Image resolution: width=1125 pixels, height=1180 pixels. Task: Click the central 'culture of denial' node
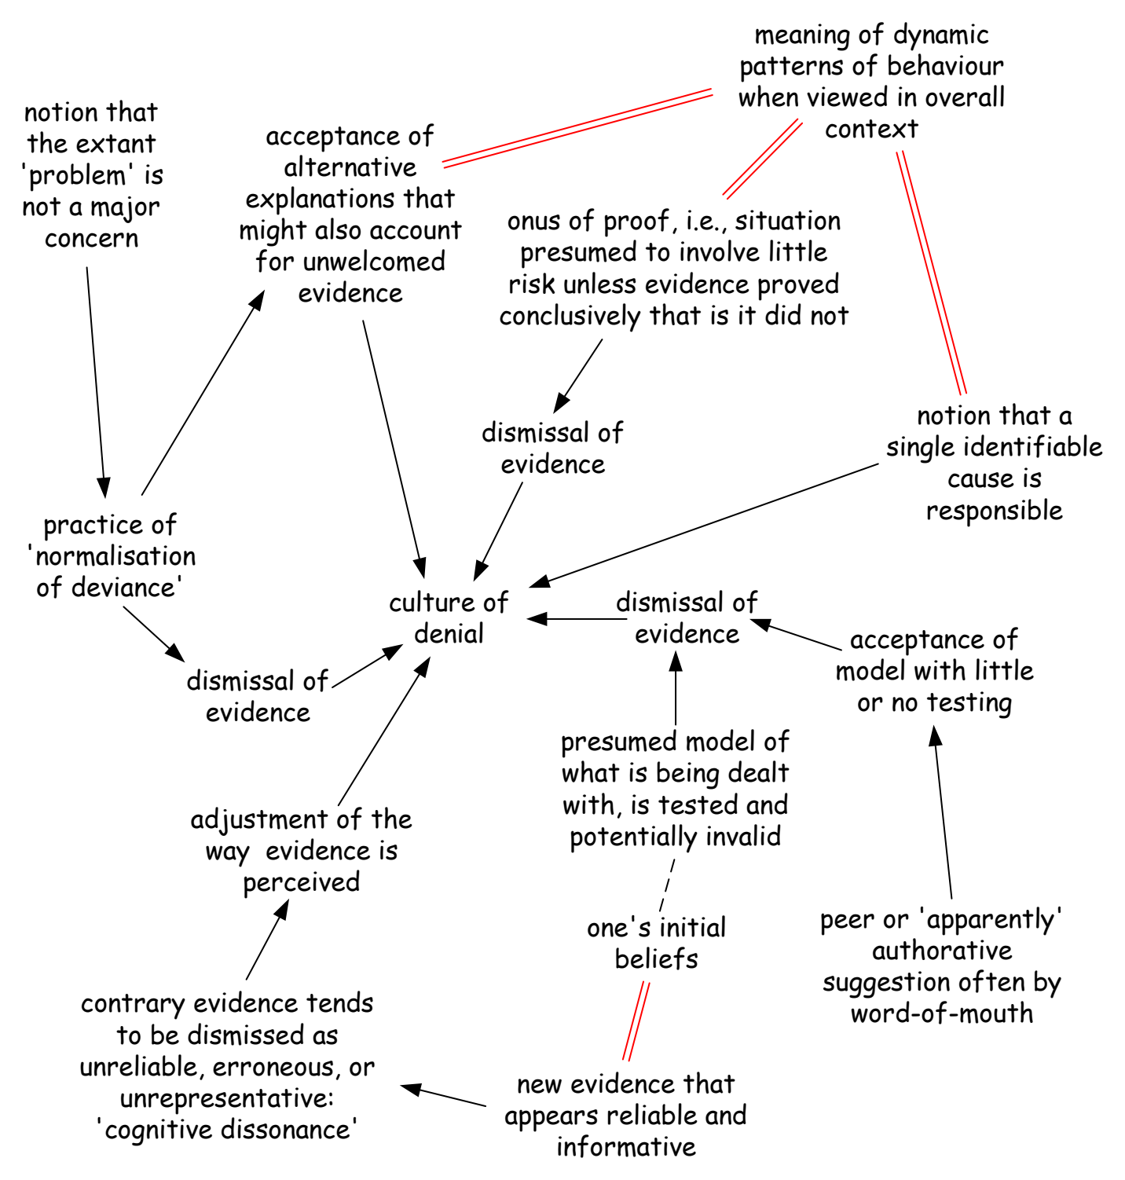pyautogui.click(x=449, y=617)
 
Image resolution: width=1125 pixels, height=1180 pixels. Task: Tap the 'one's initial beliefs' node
pyautogui.click(x=656, y=943)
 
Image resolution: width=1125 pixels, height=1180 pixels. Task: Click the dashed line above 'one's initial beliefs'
pyautogui.click(x=667, y=885)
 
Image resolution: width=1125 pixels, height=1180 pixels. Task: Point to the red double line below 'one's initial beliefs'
pyautogui.click(x=636, y=1021)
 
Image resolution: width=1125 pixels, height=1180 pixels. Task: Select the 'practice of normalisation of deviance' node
pyautogui.click(x=111, y=555)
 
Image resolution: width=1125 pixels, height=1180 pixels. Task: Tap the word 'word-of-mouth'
pyautogui.click(x=942, y=1013)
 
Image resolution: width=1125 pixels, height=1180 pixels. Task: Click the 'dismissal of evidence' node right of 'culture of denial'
pyautogui.click(x=687, y=617)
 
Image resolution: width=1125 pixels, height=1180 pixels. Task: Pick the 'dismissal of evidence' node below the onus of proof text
pyautogui.click(x=552, y=448)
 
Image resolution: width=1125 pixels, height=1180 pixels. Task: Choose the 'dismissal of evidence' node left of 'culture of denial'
pyautogui.click(x=258, y=696)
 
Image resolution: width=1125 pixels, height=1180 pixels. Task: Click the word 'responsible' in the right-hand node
pyautogui.click(x=994, y=511)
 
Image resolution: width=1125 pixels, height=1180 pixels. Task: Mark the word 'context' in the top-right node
pyautogui.click(x=871, y=129)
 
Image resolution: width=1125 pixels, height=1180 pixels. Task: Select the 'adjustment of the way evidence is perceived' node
pyautogui.click(x=302, y=851)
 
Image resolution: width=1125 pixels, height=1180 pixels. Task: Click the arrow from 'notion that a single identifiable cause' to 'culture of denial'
pyautogui.click(x=704, y=525)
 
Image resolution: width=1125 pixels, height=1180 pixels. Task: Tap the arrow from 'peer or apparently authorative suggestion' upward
pyautogui.click(x=943, y=812)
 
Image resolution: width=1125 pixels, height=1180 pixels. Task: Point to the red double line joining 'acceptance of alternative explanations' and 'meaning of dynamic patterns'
pyautogui.click(x=577, y=128)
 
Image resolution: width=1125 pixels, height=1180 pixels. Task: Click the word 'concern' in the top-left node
pyautogui.click(x=91, y=238)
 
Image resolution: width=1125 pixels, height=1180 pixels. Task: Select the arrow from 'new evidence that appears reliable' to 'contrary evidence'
pyautogui.click(x=443, y=1095)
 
